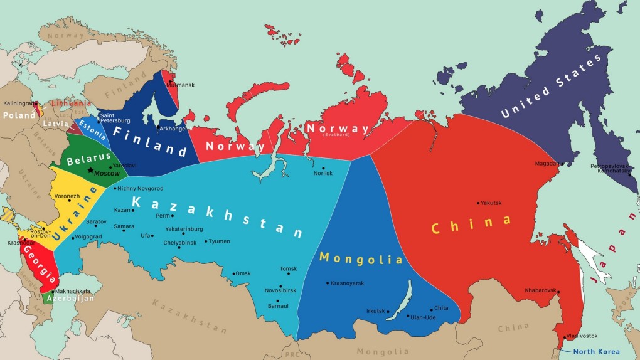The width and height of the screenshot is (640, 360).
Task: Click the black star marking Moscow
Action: [x=91, y=170]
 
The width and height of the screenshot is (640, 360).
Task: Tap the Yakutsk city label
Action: [x=493, y=203]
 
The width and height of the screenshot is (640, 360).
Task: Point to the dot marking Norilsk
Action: [x=324, y=168]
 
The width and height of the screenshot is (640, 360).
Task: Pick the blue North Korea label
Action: [x=597, y=352]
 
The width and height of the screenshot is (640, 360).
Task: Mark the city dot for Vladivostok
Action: [x=562, y=336]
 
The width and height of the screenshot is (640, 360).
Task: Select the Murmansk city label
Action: [x=181, y=85]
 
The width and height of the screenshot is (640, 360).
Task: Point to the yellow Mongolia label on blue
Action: [x=360, y=258]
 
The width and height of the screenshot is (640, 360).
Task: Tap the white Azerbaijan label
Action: [x=72, y=299]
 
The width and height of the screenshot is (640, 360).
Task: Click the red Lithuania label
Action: [x=71, y=103]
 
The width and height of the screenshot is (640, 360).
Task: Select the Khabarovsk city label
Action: [x=540, y=290]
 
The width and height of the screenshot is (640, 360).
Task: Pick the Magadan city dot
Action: [x=562, y=164]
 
